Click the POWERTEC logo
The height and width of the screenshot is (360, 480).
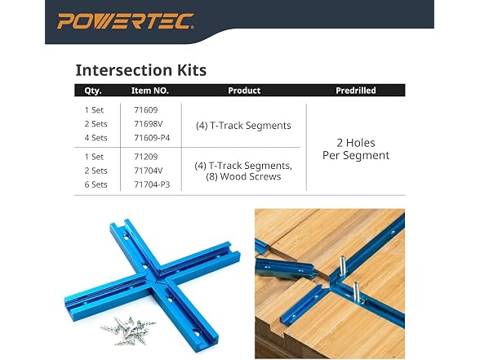(x=126, y=21)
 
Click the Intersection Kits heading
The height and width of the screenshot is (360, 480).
(x=141, y=70)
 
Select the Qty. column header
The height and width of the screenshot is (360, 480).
(x=93, y=91)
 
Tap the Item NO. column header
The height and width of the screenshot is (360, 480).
(x=150, y=91)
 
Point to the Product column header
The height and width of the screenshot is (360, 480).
(x=244, y=91)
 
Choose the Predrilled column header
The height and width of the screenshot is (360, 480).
(x=356, y=91)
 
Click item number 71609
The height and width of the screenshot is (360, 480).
(x=145, y=110)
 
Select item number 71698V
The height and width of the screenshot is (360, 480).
(x=149, y=124)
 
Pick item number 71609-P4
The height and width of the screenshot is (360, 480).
(x=152, y=138)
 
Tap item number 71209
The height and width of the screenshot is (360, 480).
(x=145, y=157)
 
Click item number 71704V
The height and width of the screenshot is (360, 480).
(x=149, y=171)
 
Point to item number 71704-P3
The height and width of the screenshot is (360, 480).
(x=152, y=184)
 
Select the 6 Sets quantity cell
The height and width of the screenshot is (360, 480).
(x=96, y=184)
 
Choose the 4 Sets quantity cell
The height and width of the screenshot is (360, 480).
(x=96, y=138)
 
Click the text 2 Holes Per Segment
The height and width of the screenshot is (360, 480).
(x=356, y=149)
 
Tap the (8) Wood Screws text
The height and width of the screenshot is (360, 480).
(x=243, y=176)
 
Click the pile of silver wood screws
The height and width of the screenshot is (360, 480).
(x=129, y=331)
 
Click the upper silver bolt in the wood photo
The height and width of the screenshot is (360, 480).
(x=343, y=265)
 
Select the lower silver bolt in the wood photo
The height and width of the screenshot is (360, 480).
(x=356, y=291)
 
